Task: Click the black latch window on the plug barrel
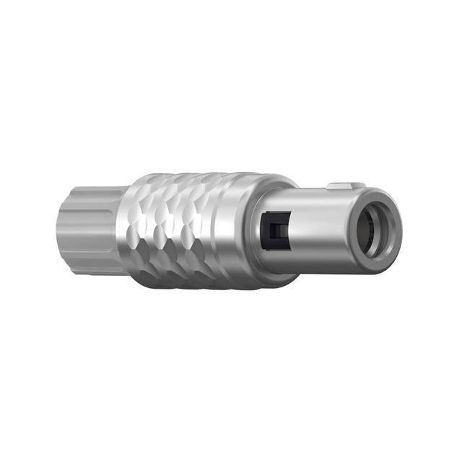click(275, 230)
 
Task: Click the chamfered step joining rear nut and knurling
click(121, 230)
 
